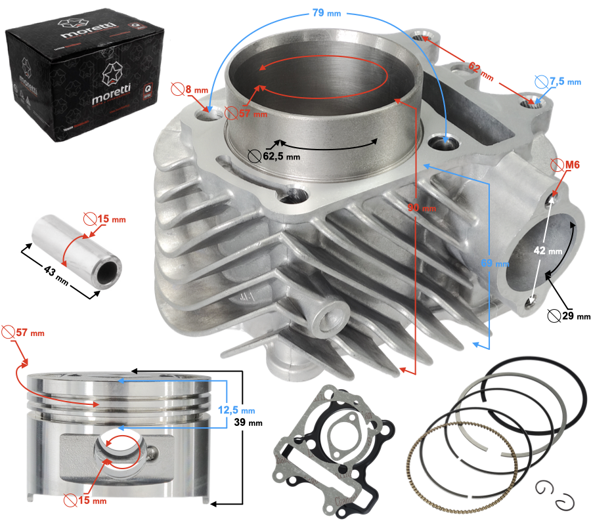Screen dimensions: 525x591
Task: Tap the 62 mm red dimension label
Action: pos(480,70)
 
